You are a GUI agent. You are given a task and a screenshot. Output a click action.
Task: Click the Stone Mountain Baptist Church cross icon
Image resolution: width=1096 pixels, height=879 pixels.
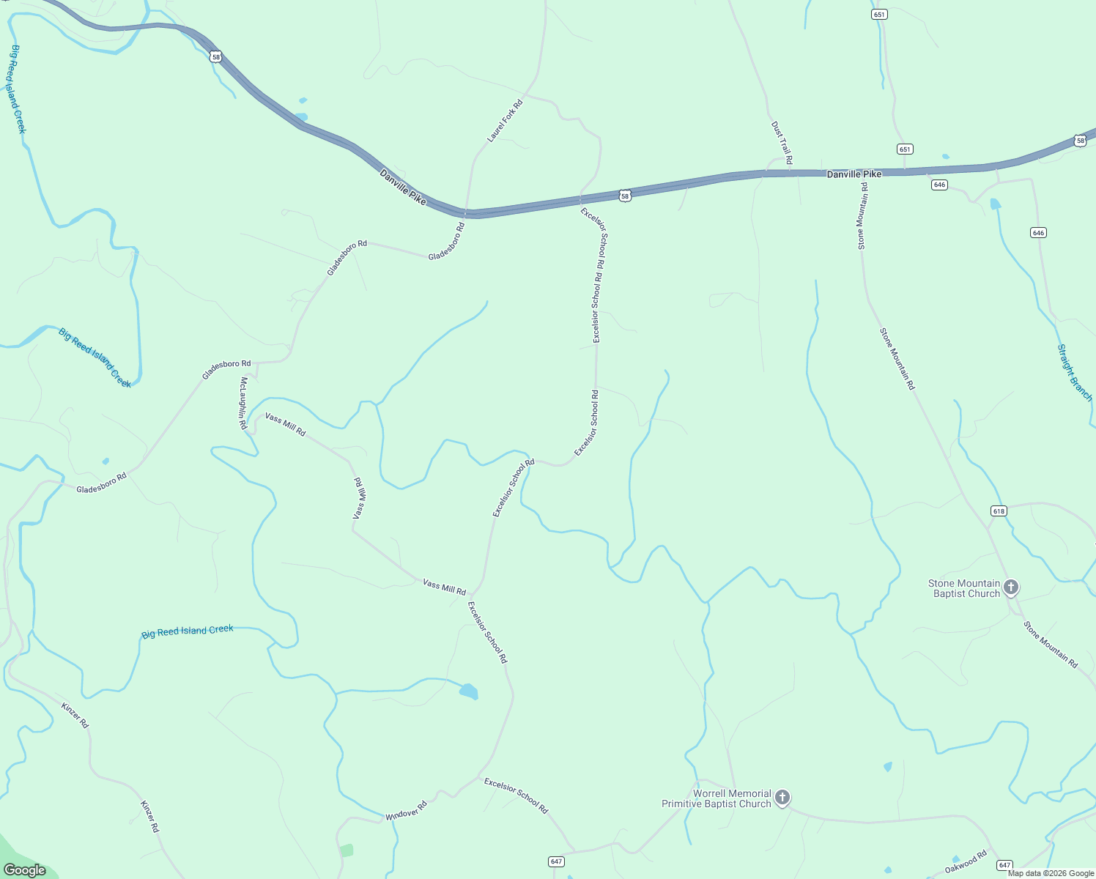point(1011,587)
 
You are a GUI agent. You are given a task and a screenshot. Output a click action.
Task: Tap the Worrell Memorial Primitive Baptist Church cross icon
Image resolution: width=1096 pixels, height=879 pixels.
point(782,797)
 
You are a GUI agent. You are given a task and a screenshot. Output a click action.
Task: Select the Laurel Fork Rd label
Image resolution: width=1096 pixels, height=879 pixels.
point(505,121)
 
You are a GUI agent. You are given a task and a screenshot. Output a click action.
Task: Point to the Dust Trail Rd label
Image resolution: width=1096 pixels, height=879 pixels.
point(782,143)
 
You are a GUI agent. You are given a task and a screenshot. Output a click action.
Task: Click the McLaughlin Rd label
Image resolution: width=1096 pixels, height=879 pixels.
point(242,403)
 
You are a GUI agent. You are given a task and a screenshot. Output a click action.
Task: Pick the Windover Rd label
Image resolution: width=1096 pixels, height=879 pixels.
point(406,813)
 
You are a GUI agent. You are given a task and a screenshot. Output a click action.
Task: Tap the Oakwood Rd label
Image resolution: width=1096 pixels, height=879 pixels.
point(966,863)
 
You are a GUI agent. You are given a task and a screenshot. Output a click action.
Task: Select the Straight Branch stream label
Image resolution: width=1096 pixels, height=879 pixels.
point(1074,373)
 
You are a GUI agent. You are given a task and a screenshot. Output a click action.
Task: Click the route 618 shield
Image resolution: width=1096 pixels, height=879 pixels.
point(999,511)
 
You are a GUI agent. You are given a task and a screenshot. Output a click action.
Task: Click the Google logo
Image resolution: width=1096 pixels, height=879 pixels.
point(24,870)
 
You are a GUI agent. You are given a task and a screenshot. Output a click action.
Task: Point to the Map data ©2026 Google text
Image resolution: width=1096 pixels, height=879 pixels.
point(1051,873)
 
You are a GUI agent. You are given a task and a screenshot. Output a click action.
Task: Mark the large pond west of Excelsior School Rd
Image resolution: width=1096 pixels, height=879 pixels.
point(469,691)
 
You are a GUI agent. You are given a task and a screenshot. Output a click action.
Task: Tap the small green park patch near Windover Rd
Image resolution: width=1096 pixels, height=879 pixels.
point(347,850)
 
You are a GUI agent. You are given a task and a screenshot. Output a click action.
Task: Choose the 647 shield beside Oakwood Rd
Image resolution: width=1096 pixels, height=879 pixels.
point(1004,865)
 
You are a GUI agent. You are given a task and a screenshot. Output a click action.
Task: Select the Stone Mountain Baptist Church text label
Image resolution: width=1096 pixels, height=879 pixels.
point(963,588)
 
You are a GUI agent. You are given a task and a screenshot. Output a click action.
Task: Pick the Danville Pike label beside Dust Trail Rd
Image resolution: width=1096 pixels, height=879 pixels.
point(854,174)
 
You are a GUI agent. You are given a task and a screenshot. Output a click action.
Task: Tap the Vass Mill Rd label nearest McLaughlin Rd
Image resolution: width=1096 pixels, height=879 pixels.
point(285,424)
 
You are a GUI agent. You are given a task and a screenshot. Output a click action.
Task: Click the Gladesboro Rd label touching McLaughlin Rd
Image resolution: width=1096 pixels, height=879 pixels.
point(226,369)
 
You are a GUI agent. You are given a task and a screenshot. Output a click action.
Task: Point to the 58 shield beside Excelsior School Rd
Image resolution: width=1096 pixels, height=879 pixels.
point(624,196)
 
